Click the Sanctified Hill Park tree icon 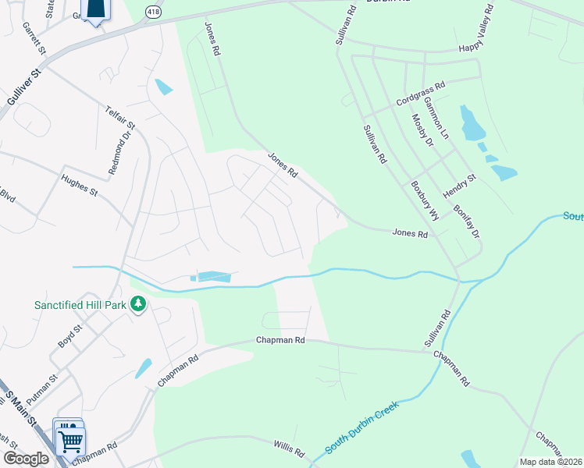click(x=138, y=303)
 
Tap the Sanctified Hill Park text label click(x=80, y=304)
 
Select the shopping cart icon click(x=71, y=441)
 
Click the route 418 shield click(x=153, y=11)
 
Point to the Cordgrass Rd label click(x=420, y=93)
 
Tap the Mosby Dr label click(x=422, y=131)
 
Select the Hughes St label click(x=80, y=186)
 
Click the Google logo click(x=26, y=459)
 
